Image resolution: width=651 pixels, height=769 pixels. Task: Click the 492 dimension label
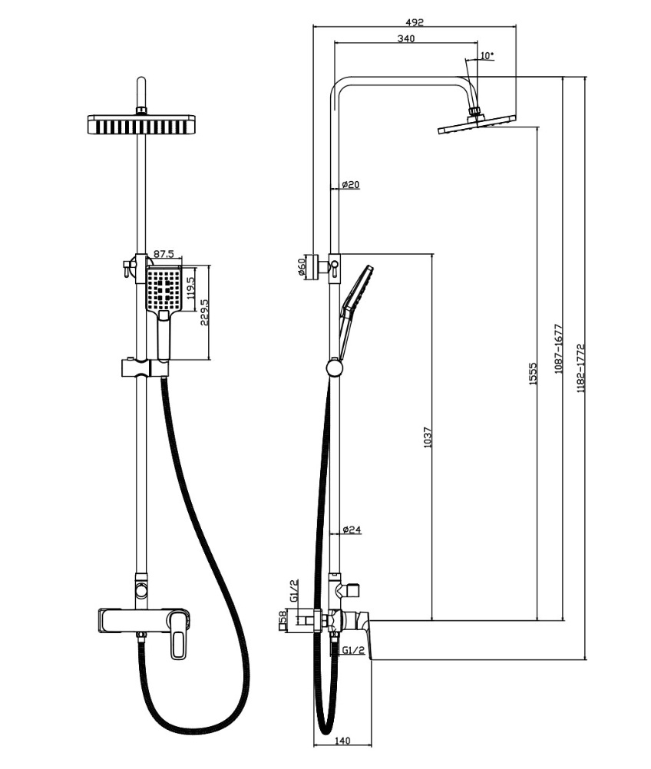(x=415, y=21)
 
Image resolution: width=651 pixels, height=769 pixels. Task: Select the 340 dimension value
(x=405, y=38)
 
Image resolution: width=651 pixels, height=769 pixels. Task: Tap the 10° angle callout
(x=486, y=55)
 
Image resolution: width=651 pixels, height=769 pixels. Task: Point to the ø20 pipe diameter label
(x=351, y=184)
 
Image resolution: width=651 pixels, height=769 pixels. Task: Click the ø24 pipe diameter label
(x=352, y=530)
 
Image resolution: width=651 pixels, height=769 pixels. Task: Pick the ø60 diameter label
(x=302, y=267)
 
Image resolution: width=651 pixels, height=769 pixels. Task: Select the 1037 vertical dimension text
(x=428, y=437)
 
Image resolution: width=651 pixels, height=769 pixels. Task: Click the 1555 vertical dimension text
(x=534, y=373)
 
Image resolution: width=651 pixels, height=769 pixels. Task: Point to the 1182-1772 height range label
(x=581, y=368)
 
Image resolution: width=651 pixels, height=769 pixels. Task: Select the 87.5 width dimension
(x=164, y=253)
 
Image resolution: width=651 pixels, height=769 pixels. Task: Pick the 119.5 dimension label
(x=191, y=288)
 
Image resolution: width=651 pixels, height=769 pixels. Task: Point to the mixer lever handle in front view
(x=179, y=643)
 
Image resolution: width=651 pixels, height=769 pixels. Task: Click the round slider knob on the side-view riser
(x=335, y=368)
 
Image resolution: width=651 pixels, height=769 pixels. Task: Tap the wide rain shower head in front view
(x=141, y=124)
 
